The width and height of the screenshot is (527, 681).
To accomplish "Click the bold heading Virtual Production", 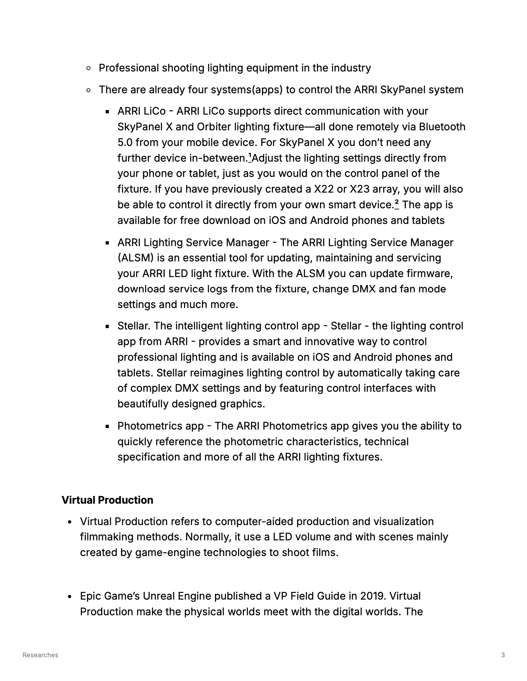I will pos(107,500).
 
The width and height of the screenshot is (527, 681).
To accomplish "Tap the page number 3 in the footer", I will pos(503,655).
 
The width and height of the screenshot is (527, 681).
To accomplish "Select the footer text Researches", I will pos(40,655).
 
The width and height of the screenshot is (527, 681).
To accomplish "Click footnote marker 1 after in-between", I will pos(250,156).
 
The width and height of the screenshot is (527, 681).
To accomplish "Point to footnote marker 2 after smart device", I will pos(397,203).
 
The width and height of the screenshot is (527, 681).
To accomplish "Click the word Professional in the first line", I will pos(129,68).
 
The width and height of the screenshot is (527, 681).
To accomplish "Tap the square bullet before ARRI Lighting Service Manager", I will pos(108,243).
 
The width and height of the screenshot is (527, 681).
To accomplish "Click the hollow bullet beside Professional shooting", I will pos(89,68).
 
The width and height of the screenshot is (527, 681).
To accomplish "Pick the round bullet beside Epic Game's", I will pos(70,597).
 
